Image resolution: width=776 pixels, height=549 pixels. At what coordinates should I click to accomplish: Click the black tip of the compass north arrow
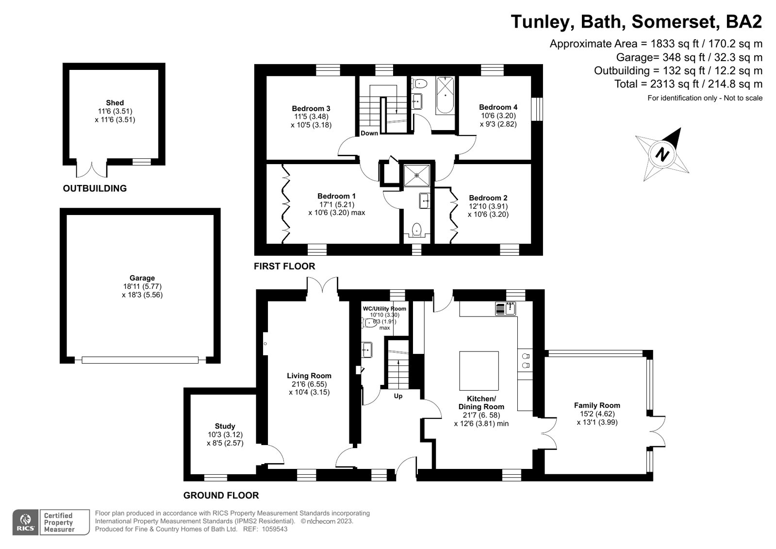[x=681, y=128]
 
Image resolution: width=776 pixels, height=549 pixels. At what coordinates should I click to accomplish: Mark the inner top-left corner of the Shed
[x=69, y=70]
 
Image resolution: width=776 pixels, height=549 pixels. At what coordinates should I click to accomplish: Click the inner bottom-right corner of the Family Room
[x=646, y=474]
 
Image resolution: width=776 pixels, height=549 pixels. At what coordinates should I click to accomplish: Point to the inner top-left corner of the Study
[x=191, y=395]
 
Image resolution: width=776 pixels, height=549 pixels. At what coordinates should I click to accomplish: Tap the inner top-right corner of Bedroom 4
[x=531, y=76]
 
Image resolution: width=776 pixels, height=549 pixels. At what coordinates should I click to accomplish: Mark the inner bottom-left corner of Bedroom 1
[x=266, y=244]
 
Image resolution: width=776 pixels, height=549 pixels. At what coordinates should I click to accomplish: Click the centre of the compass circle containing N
[x=662, y=154]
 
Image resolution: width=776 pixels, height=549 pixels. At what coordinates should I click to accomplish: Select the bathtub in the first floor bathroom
[x=445, y=95]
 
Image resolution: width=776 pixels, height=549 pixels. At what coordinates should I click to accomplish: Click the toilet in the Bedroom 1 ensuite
[x=416, y=230]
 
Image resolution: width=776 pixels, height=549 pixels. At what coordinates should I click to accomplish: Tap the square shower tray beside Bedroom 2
[x=417, y=175]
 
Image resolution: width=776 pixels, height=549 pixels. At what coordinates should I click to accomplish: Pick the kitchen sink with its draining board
[x=505, y=308]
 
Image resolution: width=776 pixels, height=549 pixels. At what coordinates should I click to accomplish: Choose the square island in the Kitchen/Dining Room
[x=479, y=371]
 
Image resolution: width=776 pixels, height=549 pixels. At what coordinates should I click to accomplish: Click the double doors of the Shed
[x=91, y=169]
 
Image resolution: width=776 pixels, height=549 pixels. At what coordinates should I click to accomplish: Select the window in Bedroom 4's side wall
[x=537, y=109]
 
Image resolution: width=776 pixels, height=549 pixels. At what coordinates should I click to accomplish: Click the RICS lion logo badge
[x=25, y=522]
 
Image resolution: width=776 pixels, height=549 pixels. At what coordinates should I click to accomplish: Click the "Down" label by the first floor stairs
[x=369, y=133]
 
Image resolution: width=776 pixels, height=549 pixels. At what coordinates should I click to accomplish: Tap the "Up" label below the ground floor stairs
[x=398, y=396]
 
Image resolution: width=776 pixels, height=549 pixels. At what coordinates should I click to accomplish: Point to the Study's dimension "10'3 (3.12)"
[x=225, y=434]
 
